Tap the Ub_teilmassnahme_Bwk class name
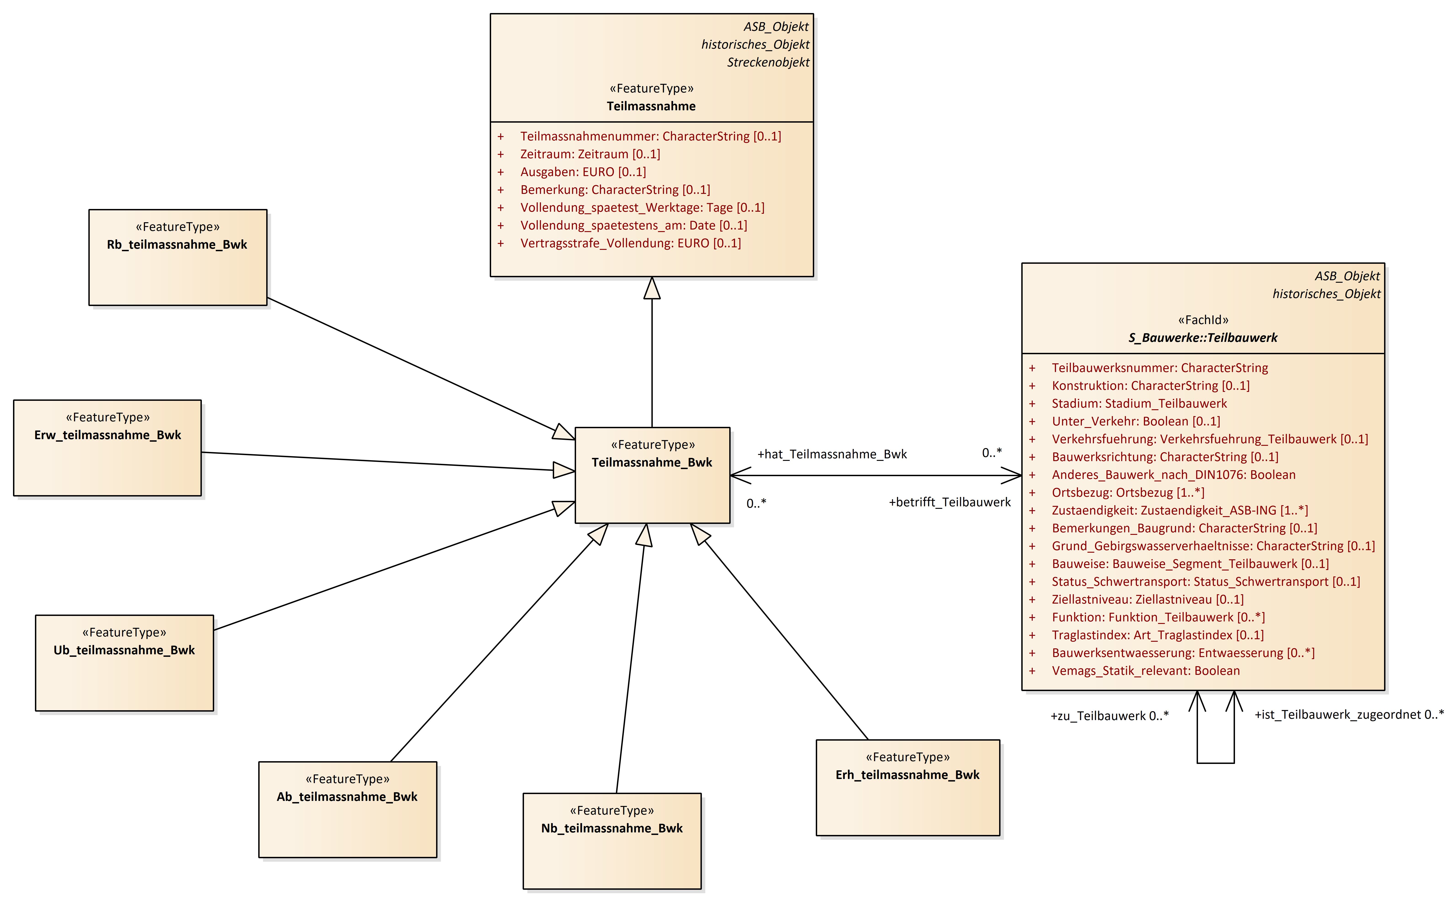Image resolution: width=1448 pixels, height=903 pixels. [x=124, y=650]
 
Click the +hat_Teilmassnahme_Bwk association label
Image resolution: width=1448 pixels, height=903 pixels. [x=832, y=454]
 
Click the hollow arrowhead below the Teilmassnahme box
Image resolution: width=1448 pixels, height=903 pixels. [x=652, y=288]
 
